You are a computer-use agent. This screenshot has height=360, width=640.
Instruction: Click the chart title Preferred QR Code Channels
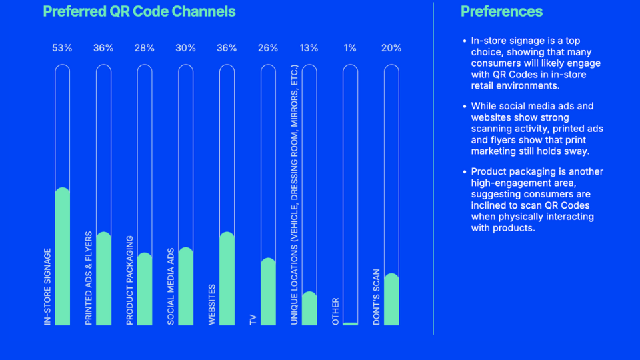pyautogui.click(x=139, y=11)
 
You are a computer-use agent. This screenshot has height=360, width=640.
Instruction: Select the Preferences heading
pyautogui.click(x=501, y=11)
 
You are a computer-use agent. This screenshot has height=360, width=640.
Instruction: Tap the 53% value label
pyautogui.click(x=62, y=48)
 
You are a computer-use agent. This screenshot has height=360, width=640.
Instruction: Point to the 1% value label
pyautogui.click(x=350, y=48)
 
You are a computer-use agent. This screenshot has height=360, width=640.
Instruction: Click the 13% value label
pyautogui.click(x=309, y=48)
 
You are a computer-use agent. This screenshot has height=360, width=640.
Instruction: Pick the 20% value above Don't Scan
pyautogui.click(x=391, y=48)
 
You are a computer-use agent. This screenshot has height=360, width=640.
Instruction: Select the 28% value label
pyautogui.click(x=144, y=48)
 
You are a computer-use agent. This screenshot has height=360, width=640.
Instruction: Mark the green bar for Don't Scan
pyautogui.click(x=391, y=299)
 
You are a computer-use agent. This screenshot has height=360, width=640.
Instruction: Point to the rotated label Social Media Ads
pyautogui.click(x=171, y=287)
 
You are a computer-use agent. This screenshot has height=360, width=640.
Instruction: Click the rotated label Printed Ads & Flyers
pyautogui.click(x=89, y=278)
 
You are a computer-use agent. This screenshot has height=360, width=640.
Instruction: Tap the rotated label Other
pyautogui.click(x=335, y=311)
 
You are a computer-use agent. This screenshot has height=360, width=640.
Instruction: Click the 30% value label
pyautogui.click(x=185, y=48)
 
